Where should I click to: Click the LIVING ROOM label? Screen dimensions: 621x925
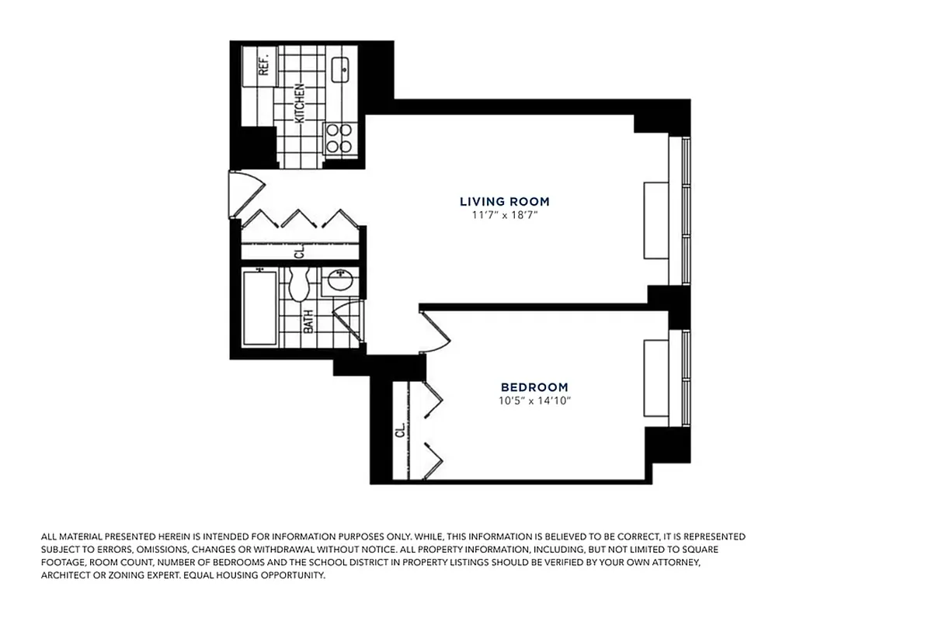(504, 202)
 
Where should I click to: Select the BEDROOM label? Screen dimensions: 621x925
(534, 387)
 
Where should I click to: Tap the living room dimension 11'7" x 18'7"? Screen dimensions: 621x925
(504, 215)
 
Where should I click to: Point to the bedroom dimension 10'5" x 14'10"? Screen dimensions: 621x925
(534, 401)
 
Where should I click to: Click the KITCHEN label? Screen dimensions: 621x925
(299, 103)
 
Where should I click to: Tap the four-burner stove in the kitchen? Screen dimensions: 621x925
(339, 137)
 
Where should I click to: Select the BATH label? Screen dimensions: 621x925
(308, 321)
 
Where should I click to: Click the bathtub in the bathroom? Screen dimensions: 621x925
(259, 307)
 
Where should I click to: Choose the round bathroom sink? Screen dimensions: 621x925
(339, 280)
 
